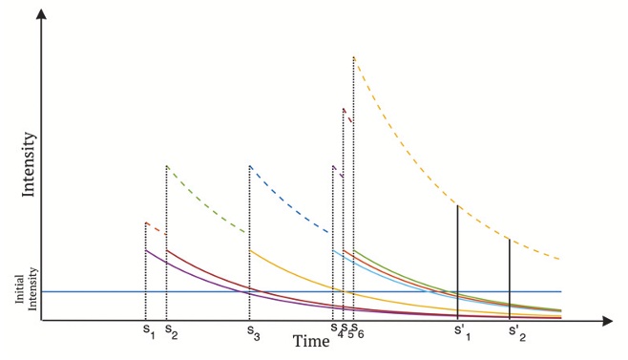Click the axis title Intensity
click(x=30, y=164)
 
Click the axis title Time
click(x=312, y=341)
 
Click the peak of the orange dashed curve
click(x=354, y=57)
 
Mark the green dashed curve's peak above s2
click(x=167, y=166)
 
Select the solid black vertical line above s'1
click(x=458, y=258)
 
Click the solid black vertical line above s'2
click(x=510, y=277)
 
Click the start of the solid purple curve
click(x=146, y=250)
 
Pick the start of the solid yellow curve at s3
click(x=250, y=251)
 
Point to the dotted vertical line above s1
click(x=145, y=272)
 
